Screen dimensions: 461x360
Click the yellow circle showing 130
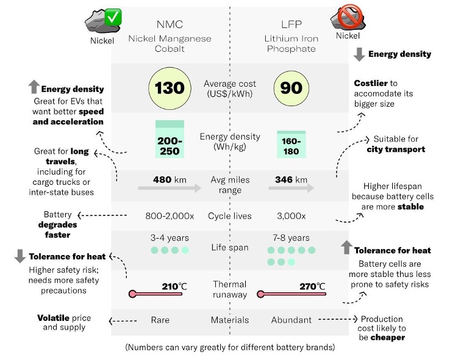point(170,88)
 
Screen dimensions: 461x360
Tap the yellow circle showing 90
point(291,88)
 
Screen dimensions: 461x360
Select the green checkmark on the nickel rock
point(113,17)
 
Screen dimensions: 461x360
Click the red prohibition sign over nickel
point(349,16)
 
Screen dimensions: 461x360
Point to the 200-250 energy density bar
point(170,139)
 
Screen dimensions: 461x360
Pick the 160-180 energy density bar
point(291,145)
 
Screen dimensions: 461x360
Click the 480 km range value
point(170,180)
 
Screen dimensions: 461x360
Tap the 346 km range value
point(291,180)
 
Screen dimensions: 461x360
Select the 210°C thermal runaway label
point(174,286)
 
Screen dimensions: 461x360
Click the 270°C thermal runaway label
point(313,286)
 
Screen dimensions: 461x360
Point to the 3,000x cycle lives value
point(291,216)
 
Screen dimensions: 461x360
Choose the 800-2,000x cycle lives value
point(170,216)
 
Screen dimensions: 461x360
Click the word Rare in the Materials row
point(160,320)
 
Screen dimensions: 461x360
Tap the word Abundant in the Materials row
point(291,320)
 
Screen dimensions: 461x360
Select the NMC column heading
point(170,24)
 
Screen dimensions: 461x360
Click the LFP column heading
point(291,24)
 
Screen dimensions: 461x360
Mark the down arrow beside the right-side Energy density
point(359,54)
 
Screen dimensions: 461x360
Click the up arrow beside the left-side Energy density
point(34,87)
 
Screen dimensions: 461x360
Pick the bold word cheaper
point(388,337)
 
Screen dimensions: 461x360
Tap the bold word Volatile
point(53,318)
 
